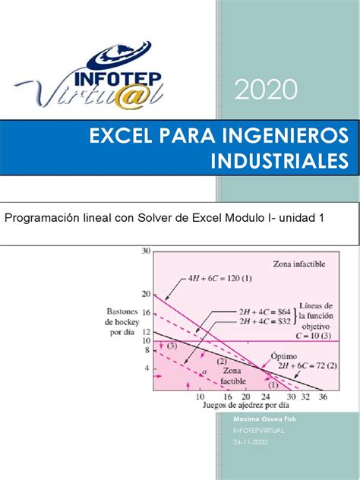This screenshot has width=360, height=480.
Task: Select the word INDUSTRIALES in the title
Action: point(281,160)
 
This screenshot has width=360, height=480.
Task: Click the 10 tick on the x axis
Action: point(200,396)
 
